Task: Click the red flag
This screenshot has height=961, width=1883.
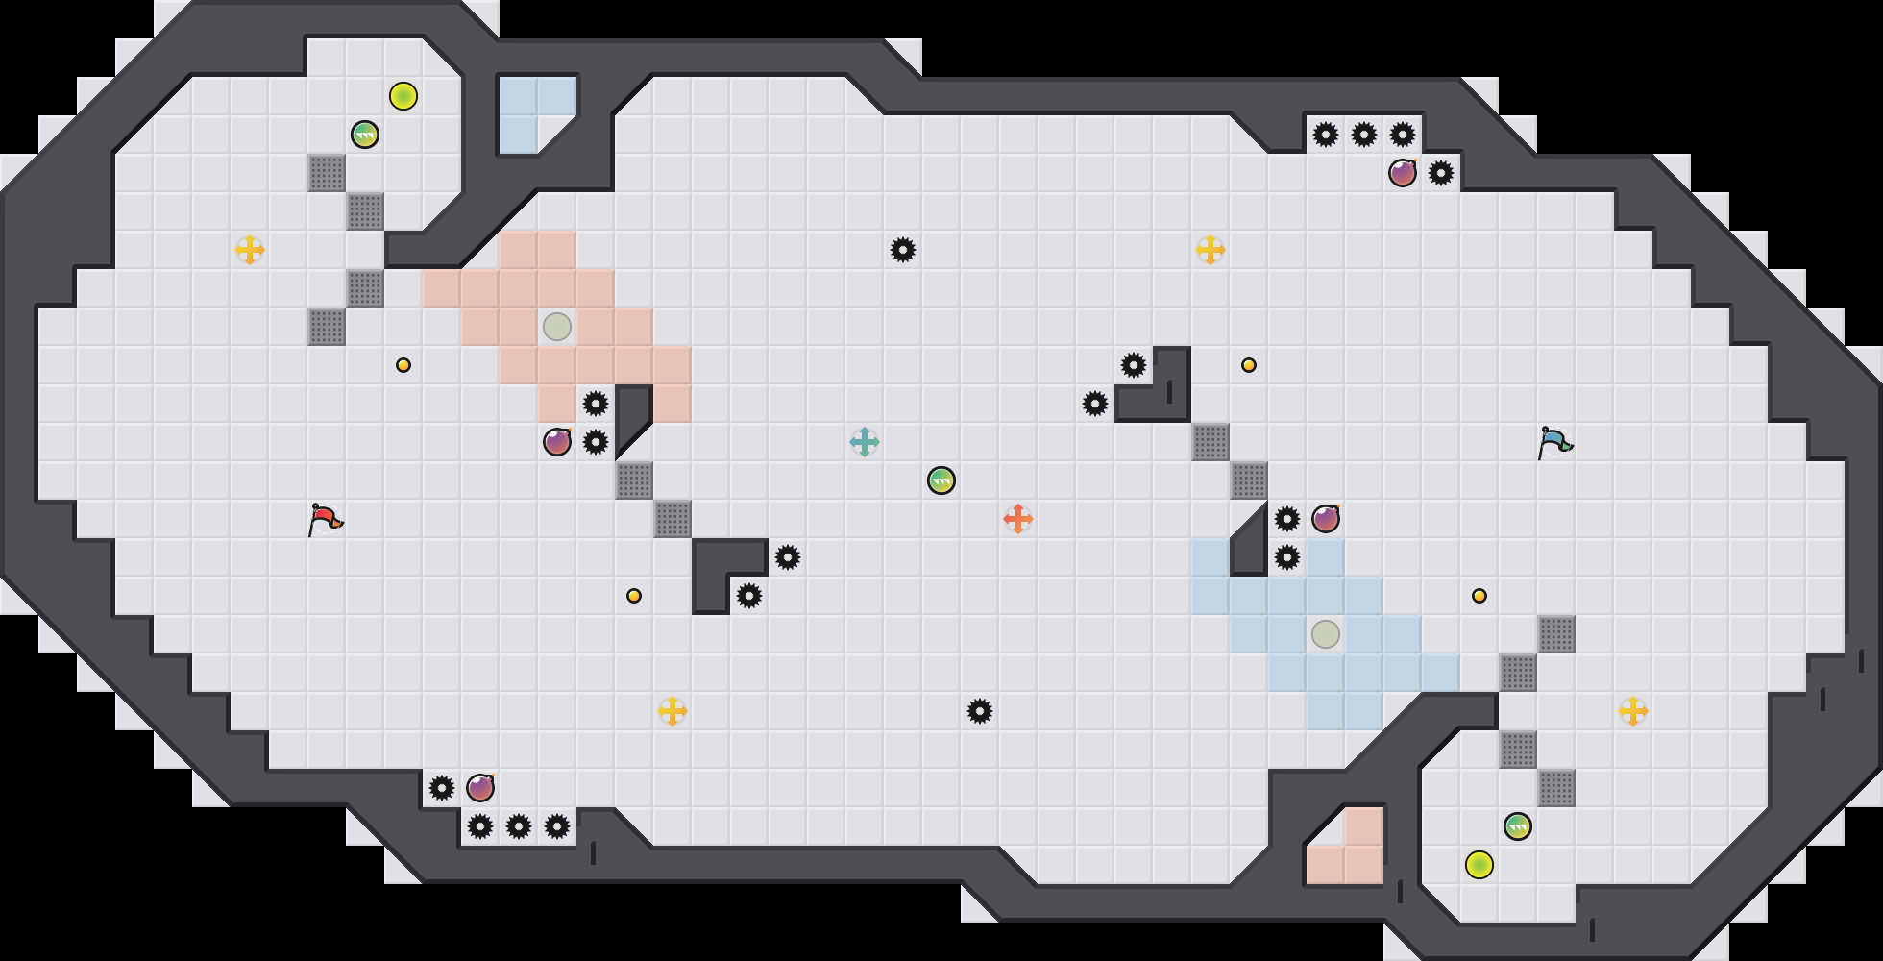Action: pyautogui.click(x=325, y=519)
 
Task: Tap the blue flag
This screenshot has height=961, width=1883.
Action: pyautogui.click(x=1553, y=442)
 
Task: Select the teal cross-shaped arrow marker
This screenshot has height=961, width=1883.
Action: pyautogui.click(x=865, y=442)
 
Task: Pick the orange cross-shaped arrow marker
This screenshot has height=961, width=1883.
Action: pyautogui.click(x=1018, y=519)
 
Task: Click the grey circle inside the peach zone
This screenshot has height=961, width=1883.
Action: pyautogui.click(x=557, y=327)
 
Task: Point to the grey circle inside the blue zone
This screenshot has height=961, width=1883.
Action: pyautogui.click(x=1326, y=634)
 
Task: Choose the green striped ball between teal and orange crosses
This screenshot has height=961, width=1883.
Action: pyautogui.click(x=941, y=480)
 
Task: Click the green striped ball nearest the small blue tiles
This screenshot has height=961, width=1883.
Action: pyautogui.click(x=365, y=135)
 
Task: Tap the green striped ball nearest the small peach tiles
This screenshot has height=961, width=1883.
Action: pyautogui.click(x=1518, y=826)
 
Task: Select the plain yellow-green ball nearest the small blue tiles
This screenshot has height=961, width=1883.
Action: pyautogui.click(x=403, y=96)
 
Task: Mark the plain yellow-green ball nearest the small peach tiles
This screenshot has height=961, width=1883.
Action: pyautogui.click(x=1479, y=865)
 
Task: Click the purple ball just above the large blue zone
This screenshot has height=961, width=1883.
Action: pyautogui.click(x=1326, y=519)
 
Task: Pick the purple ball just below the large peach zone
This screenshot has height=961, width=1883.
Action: pyautogui.click(x=557, y=442)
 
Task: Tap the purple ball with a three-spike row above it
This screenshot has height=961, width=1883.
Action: pyautogui.click(x=1403, y=173)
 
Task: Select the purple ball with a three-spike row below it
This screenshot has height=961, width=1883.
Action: pyautogui.click(x=480, y=788)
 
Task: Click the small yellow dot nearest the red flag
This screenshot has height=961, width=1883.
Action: pyautogui.click(x=403, y=365)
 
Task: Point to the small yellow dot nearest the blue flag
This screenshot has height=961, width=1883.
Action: pyautogui.click(x=1479, y=596)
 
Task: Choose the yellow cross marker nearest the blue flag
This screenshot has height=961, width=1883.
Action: pyautogui.click(x=1633, y=711)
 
